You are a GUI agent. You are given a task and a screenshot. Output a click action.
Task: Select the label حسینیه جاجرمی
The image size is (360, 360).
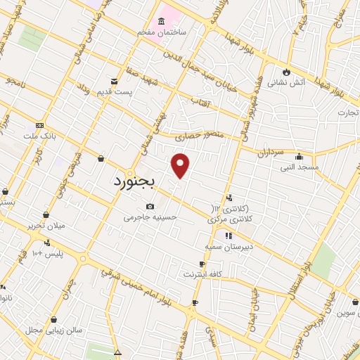pos(147,218)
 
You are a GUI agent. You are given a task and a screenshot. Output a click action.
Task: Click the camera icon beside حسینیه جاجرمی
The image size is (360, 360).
pos(150,206)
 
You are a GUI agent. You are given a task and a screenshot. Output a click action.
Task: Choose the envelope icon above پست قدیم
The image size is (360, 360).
pos(114,82)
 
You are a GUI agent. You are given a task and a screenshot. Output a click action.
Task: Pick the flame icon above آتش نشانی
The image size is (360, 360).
pos(286,71)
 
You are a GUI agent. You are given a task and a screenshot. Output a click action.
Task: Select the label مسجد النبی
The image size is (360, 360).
pos(300,167)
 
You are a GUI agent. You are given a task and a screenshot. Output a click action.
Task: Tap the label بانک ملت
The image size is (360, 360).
pos(39,135)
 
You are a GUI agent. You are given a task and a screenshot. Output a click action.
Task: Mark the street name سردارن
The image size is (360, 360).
pos(269,152)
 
